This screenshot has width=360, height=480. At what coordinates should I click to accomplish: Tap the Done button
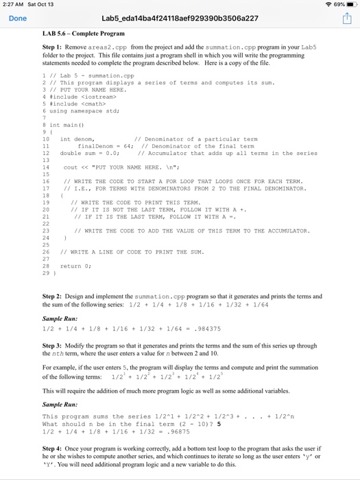pos(17,19)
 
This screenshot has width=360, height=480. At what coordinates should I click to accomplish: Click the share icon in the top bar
pos(346,19)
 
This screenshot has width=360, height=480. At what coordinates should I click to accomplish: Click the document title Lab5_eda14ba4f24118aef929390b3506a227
pos(180,19)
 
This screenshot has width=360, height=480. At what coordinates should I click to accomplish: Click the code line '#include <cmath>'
pos(71,104)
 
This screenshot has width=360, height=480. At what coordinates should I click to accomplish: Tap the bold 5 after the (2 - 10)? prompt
pos(219,425)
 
